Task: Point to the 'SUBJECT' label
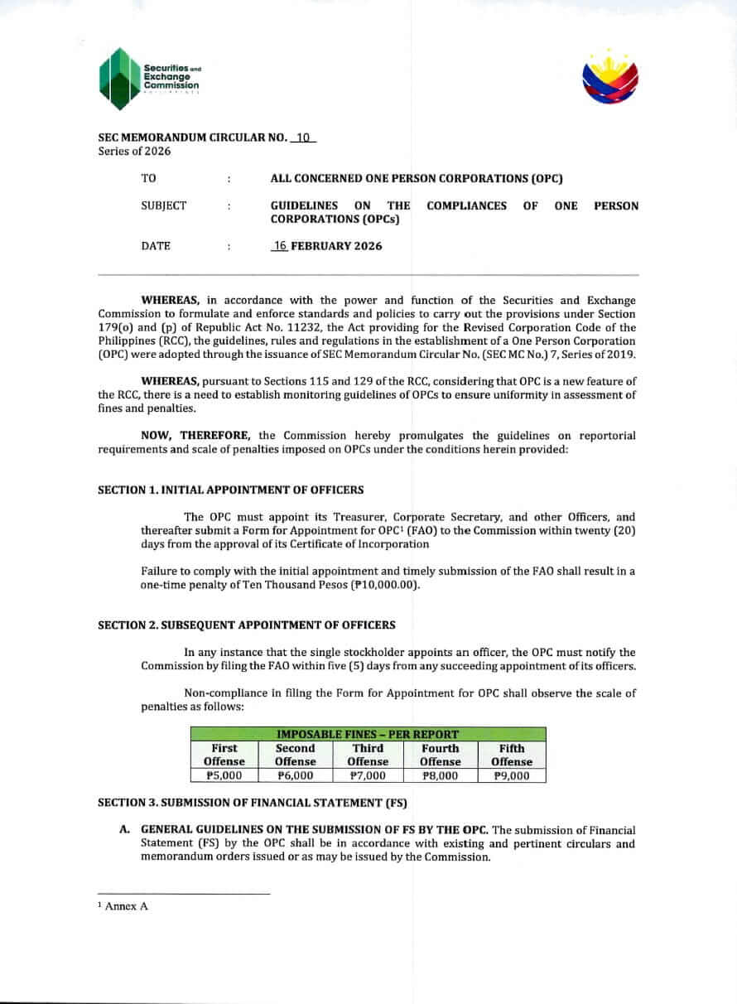coord(164,205)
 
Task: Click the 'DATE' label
coord(157,246)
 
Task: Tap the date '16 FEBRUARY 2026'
coord(327,246)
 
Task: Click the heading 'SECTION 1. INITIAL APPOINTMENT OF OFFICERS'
coord(230,490)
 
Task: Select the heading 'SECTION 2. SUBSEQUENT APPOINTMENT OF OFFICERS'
coord(246,625)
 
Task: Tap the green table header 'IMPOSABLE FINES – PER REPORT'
coord(368,734)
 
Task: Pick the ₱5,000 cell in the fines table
coord(224,776)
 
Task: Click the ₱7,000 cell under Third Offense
coord(368,776)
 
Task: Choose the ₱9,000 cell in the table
coord(511,776)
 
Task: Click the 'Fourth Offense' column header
coord(440,755)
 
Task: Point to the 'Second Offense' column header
coord(296,755)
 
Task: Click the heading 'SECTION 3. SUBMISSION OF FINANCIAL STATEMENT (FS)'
coord(252,803)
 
